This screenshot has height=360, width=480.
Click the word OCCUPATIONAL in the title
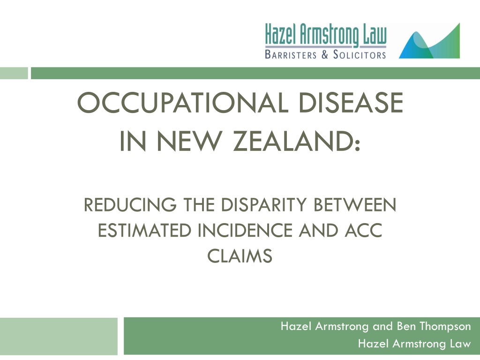(x=183, y=103)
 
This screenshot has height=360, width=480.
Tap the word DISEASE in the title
(x=351, y=103)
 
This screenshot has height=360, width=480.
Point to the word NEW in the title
(x=189, y=141)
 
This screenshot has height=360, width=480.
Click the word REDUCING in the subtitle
(x=130, y=205)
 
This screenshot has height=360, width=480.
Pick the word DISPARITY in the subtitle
(x=264, y=205)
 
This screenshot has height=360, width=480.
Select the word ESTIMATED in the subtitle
(x=144, y=231)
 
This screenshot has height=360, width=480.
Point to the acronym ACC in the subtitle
(x=364, y=231)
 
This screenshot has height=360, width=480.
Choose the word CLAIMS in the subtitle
(x=240, y=256)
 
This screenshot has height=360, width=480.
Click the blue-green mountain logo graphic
(x=429, y=41)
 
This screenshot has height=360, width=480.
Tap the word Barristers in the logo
(x=291, y=54)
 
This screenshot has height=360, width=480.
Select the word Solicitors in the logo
(x=360, y=54)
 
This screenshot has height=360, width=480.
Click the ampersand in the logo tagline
(x=325, y=54)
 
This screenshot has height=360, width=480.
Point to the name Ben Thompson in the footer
(x=434, y=326)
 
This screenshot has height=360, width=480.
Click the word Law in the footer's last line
(x=460, y=344)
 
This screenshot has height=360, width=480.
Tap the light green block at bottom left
(x=59, y=337)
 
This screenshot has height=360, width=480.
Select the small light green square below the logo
(x=14, y=73)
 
